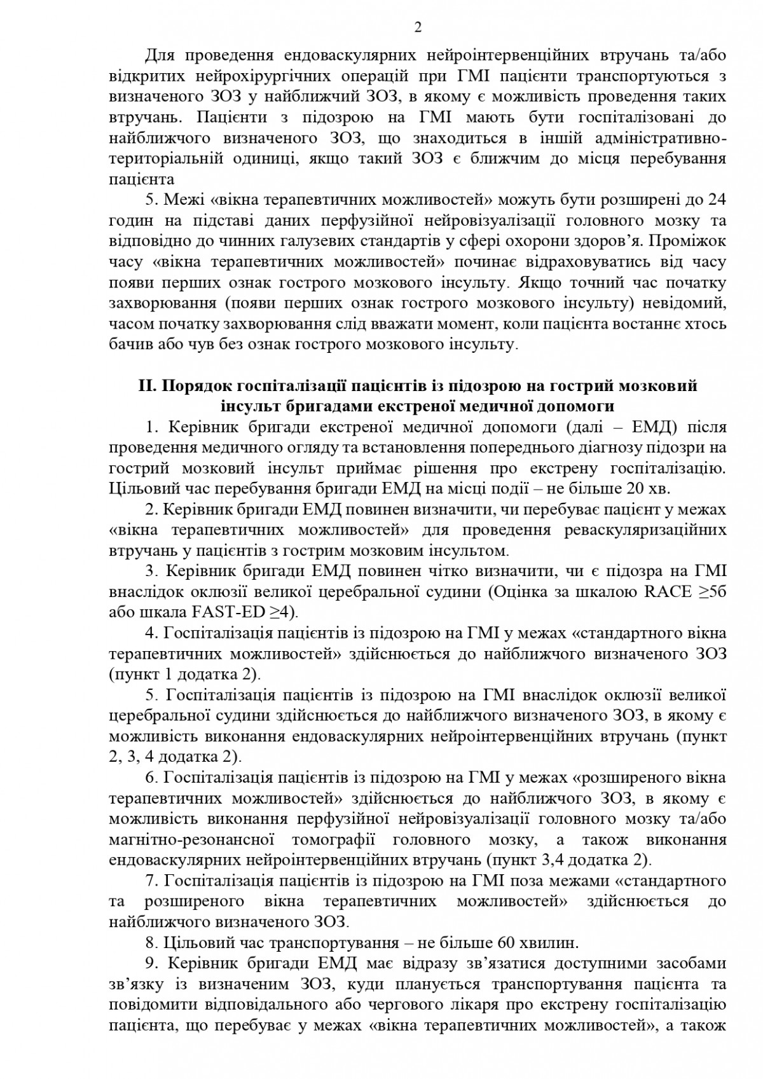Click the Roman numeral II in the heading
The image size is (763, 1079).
147,386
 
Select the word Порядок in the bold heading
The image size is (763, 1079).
195,386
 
